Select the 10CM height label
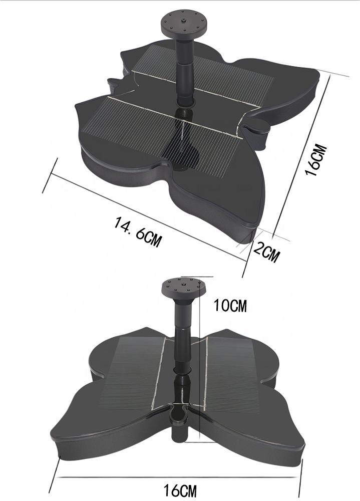(x=230, y=305)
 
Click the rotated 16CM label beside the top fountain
(x=316, y=160)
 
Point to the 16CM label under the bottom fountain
(x=180, y=490)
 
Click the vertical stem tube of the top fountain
(x=185, y=71)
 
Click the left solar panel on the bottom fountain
(x=131, y=371)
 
